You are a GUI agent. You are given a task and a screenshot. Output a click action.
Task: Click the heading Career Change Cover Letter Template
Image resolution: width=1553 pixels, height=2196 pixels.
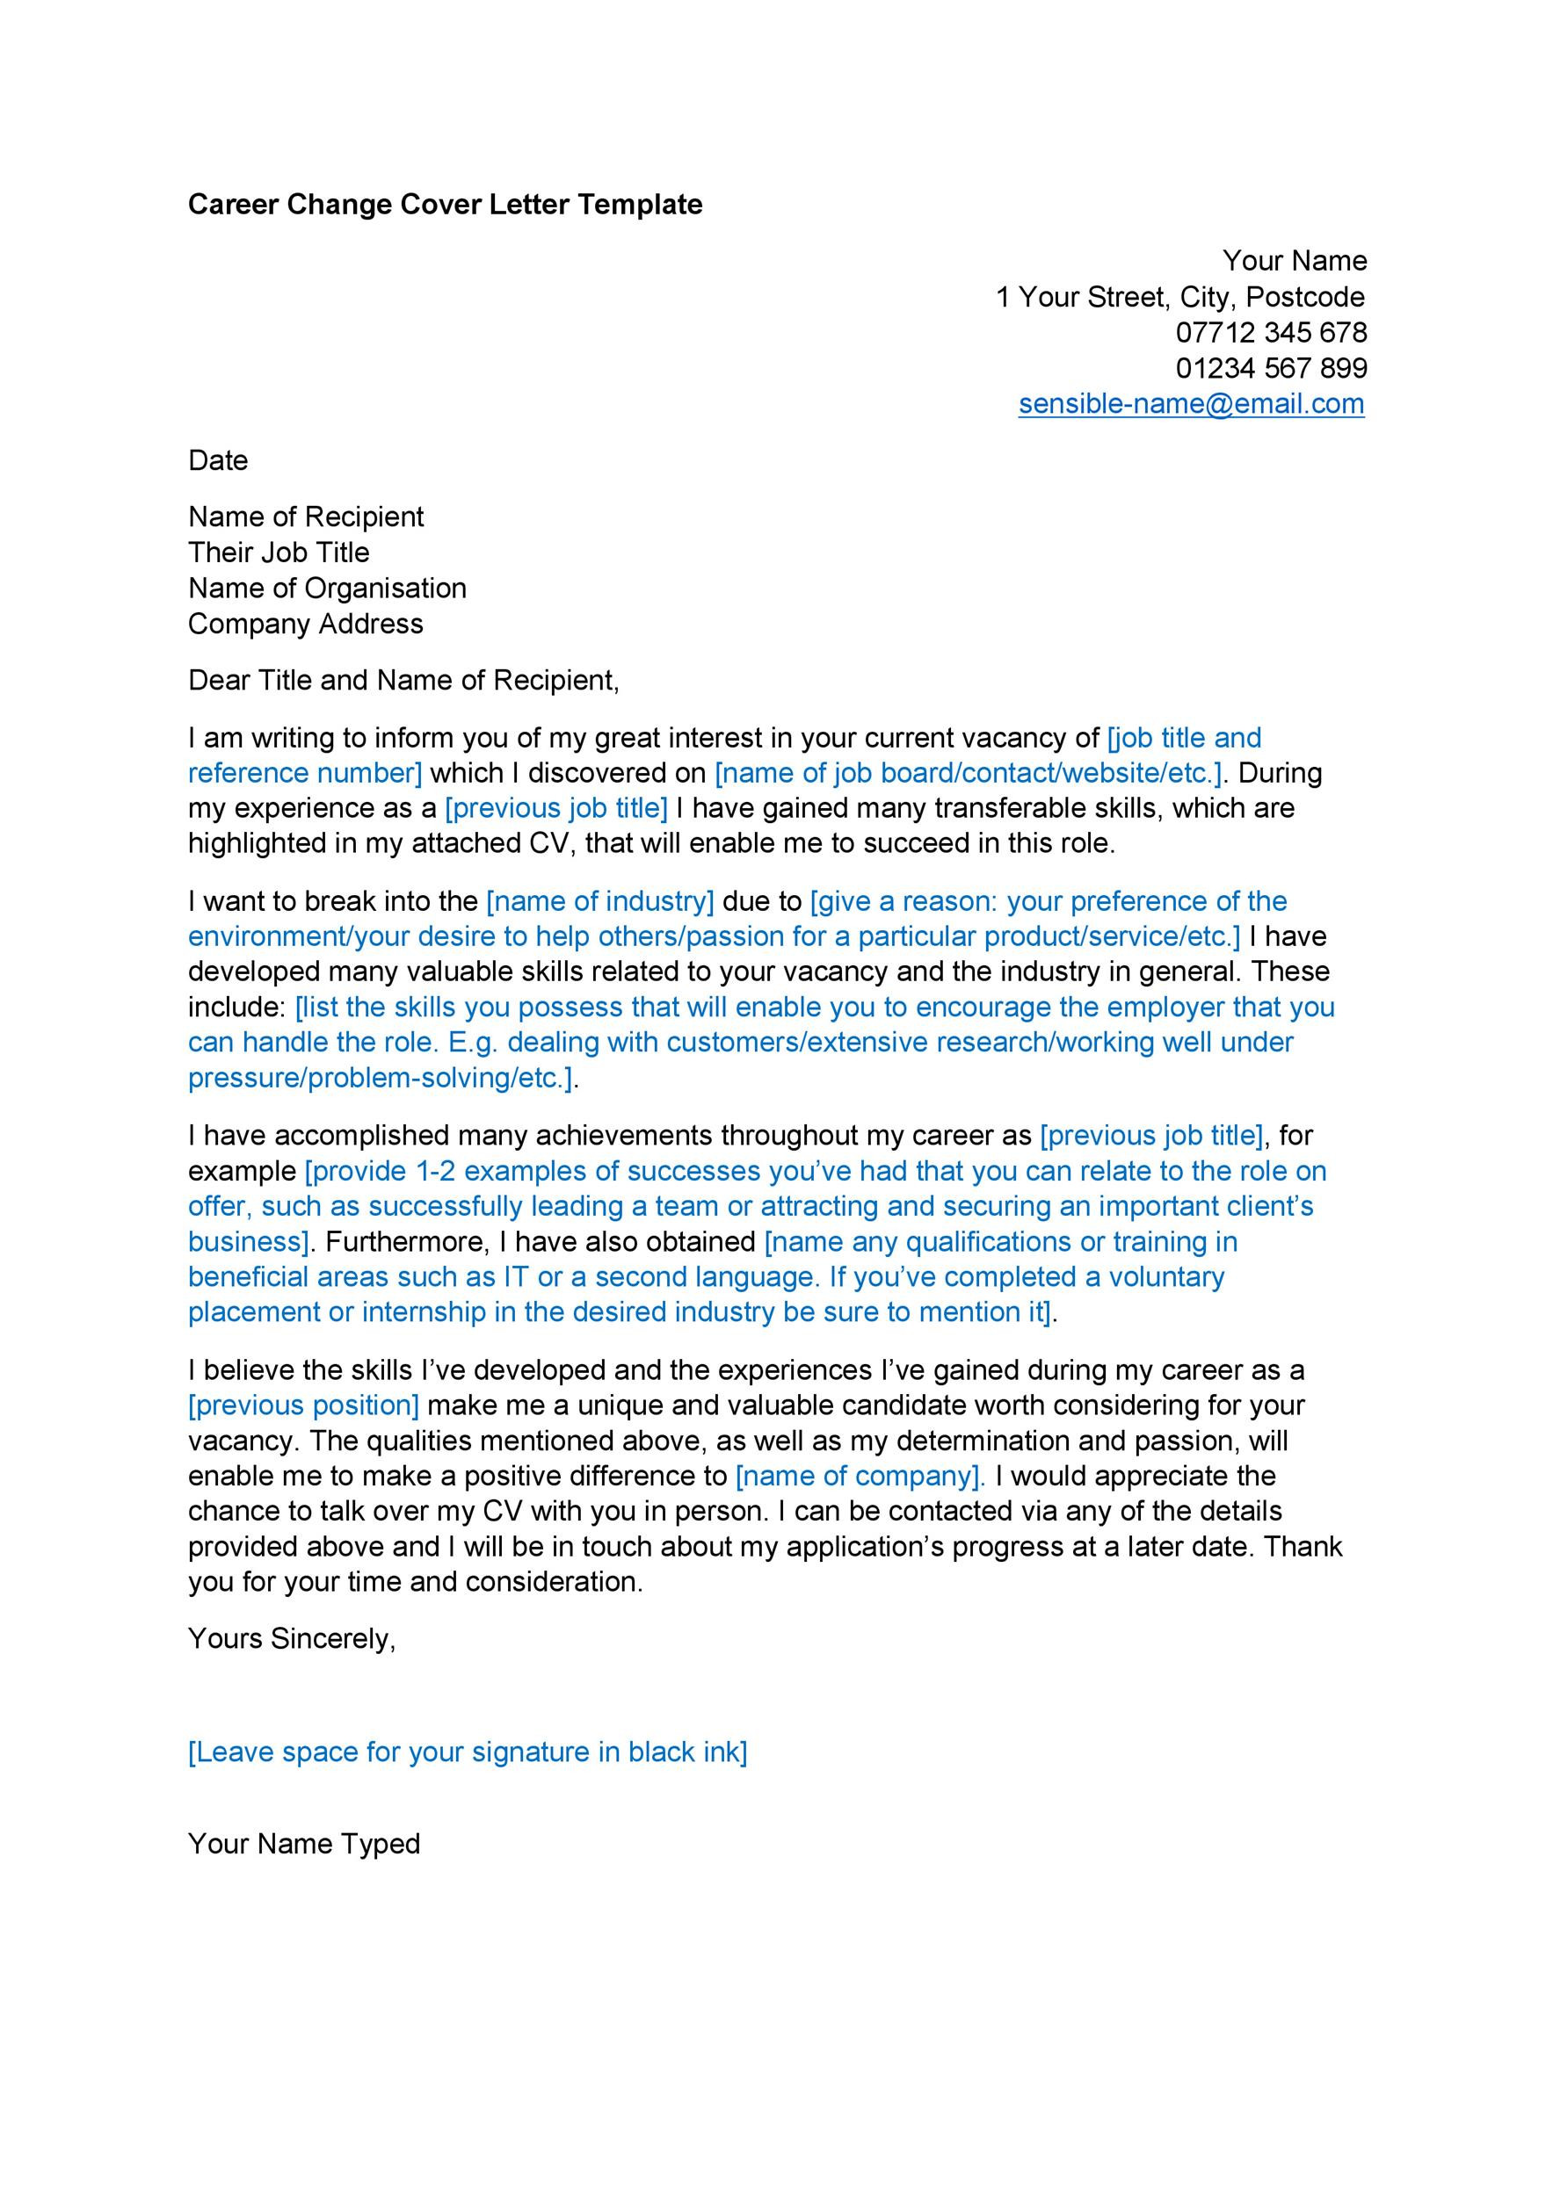[x=445, y=205]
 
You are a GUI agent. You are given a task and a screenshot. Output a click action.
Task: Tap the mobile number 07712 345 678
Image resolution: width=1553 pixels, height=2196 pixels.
[x=1271, y=333]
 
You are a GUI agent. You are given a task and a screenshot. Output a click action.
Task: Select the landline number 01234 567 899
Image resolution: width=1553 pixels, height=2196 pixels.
[x=1271, y=368]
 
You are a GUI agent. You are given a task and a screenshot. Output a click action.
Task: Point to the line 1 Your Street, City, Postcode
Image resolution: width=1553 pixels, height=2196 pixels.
[x=1179, y=298]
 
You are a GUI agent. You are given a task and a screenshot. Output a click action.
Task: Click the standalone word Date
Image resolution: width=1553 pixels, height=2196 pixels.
[x=218, y=461]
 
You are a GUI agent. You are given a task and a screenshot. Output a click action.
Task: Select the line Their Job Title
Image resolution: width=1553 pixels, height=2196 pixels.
[x=279, y=553]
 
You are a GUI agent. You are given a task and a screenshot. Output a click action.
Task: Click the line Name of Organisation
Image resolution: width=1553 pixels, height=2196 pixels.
[x=327, y=589]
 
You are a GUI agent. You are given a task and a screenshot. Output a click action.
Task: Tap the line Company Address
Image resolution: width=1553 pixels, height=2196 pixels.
[x=305, y=624]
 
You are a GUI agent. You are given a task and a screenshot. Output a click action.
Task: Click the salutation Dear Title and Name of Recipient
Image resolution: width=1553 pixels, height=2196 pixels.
[x=403, y=681]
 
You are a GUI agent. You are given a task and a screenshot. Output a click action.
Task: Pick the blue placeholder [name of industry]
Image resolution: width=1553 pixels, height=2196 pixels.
[x=600, y=901]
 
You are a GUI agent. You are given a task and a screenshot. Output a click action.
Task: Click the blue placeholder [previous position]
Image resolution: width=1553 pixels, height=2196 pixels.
[x=303, y=1405]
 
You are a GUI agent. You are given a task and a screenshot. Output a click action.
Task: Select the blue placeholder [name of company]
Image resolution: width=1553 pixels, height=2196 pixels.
[x=860, y=1476]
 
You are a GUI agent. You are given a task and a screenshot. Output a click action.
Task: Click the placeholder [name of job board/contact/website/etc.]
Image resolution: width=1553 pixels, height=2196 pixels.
[x=969, y=773]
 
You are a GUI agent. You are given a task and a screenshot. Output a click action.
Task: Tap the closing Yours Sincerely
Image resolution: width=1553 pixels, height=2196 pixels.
[x=292, y=1638]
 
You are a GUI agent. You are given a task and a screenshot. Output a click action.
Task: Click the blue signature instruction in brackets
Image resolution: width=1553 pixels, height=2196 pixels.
[x=467, y=1752]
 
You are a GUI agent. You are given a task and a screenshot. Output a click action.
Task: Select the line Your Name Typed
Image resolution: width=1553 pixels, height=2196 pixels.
[x=304, y=1843]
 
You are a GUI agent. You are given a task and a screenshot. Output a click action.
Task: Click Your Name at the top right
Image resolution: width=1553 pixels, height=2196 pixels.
[x=1294, y=261]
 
